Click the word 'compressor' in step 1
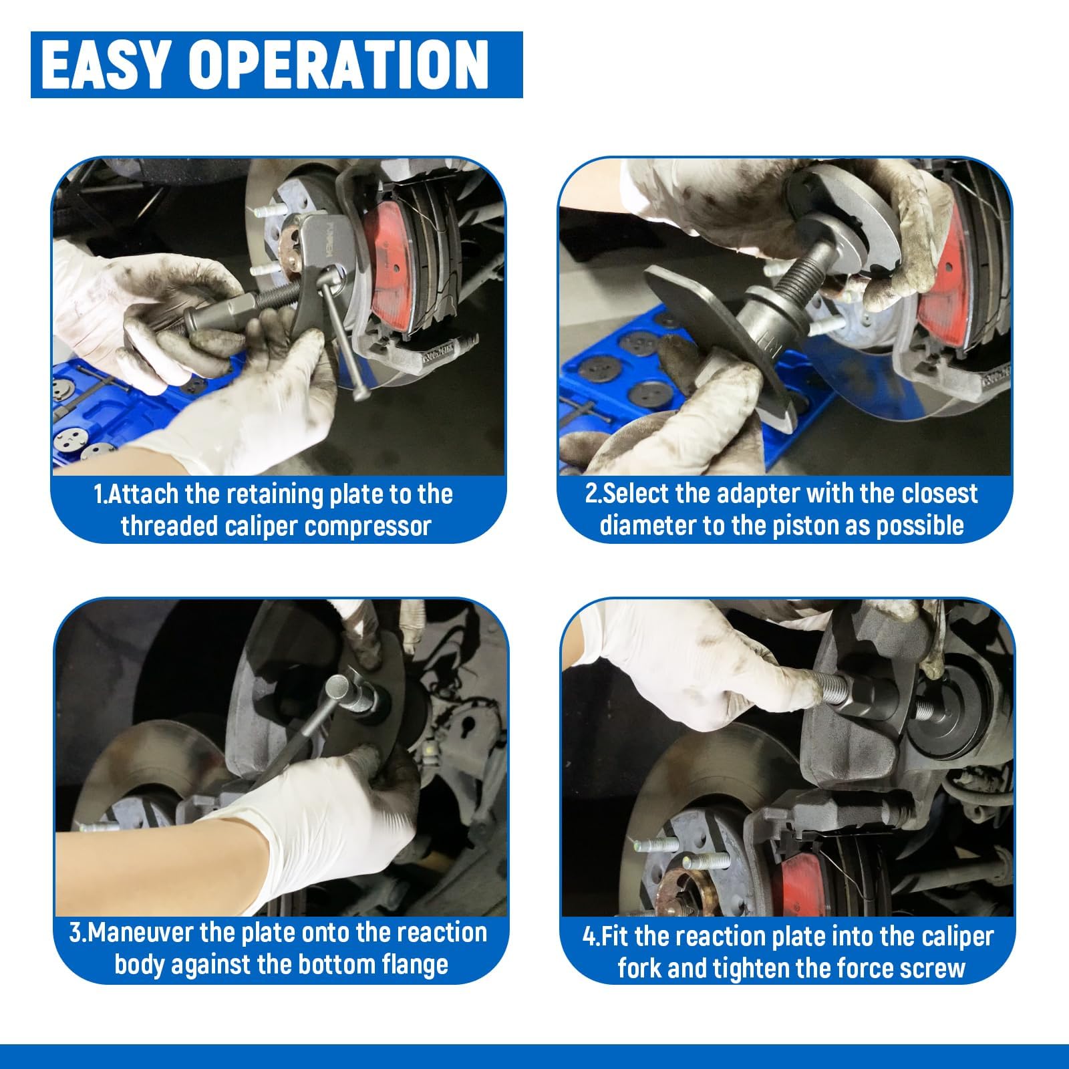tap(366, 526)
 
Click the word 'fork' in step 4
tap(636, 968)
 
